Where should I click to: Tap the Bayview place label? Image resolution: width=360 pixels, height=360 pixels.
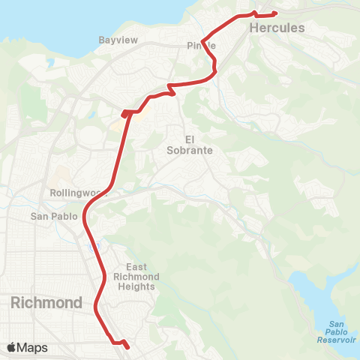(118, 40)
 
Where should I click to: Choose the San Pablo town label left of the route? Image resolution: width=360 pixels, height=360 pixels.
(53, 217)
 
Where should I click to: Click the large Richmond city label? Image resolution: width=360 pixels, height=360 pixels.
(46, 303)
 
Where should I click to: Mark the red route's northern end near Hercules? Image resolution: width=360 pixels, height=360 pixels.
(275, 13)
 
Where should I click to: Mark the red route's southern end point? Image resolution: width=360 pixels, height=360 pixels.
(127, 347)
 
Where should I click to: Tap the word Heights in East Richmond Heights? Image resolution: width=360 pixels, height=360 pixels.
(140, 286)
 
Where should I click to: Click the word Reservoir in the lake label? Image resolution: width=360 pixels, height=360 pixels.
(335, 340)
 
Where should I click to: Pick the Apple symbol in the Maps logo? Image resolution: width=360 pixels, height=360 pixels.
(11, 348)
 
